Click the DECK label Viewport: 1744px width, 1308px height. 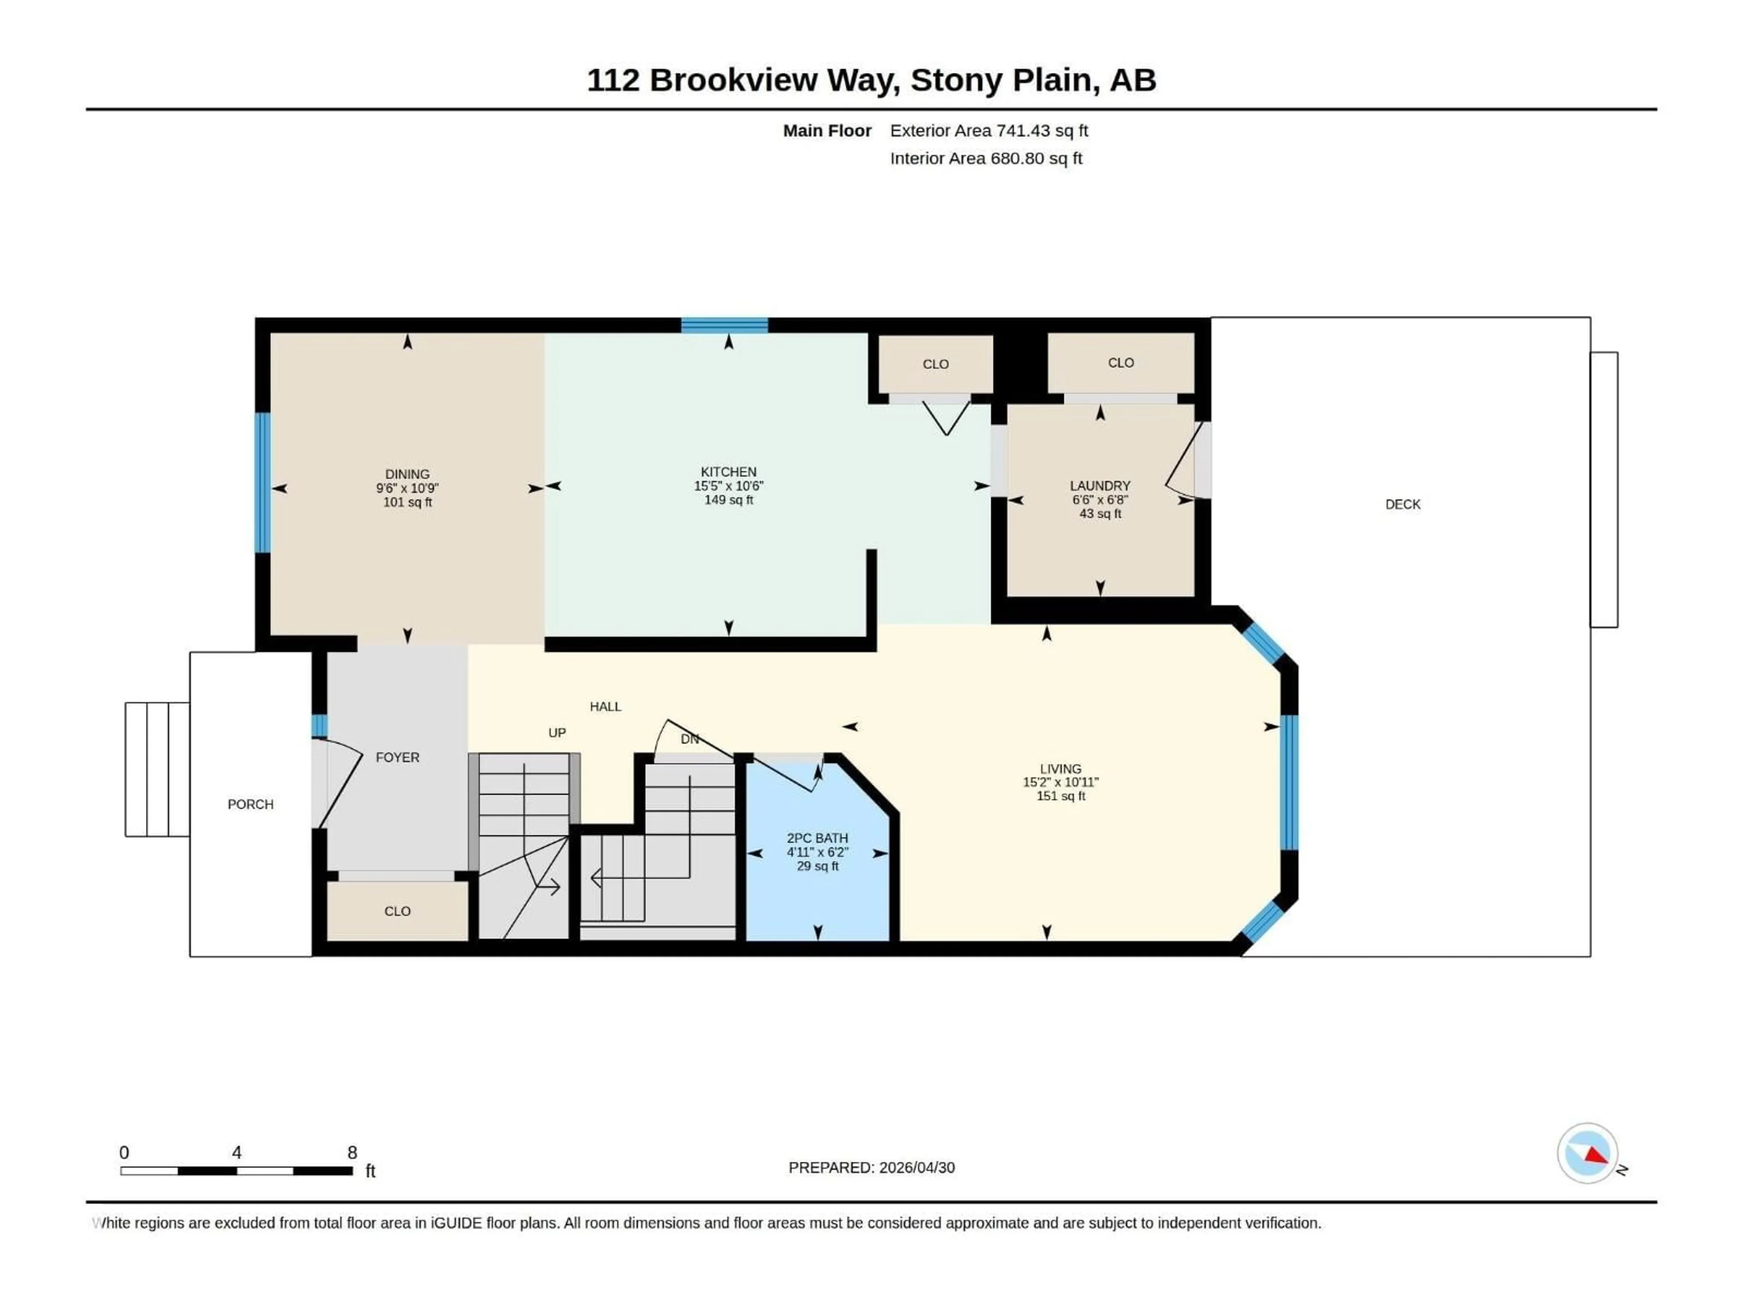pos(1402,505)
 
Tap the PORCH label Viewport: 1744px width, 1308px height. pos(251,804)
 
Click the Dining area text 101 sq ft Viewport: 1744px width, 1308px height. pos(408,502)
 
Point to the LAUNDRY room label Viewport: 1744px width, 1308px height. pos(1100,486)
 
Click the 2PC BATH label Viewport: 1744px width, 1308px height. pos(817,838)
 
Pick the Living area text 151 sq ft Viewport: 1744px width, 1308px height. pos(1060,796)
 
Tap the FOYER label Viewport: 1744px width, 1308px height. pos(397,757)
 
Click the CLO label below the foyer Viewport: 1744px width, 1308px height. pos(397,912)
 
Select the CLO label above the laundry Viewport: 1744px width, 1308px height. pos(1120,363)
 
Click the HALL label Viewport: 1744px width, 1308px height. pos(605,706)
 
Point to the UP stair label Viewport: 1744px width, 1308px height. pos(557,733)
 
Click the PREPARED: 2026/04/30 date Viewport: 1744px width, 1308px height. pos(871,1168)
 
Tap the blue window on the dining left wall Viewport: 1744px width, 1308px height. pos(263,482)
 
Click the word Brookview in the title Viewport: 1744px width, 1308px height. pos(733,80)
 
